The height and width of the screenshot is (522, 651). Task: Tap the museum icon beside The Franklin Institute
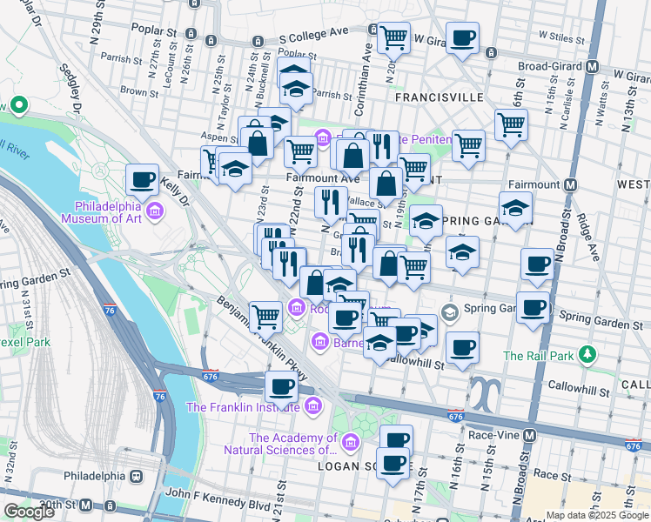pos(312,406)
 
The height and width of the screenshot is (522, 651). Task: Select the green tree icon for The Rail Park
pos(589,355)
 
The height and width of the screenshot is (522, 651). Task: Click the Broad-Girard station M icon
pos(593,66)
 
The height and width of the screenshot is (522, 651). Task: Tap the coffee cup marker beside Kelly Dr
pos(142,180)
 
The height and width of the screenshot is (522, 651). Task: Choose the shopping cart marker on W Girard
pos(394,37)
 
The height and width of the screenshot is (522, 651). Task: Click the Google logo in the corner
pos(29,512)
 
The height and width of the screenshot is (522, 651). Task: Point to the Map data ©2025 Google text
pos(596,515)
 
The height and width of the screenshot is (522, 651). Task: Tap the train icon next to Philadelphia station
pos(136,477)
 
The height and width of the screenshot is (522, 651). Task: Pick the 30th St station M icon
pos(86,505)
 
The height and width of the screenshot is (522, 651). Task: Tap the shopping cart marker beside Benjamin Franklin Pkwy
pos(265,315)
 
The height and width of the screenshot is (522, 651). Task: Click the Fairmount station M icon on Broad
pos(571,184)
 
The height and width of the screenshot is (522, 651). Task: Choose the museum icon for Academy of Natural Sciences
pos(350,444)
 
